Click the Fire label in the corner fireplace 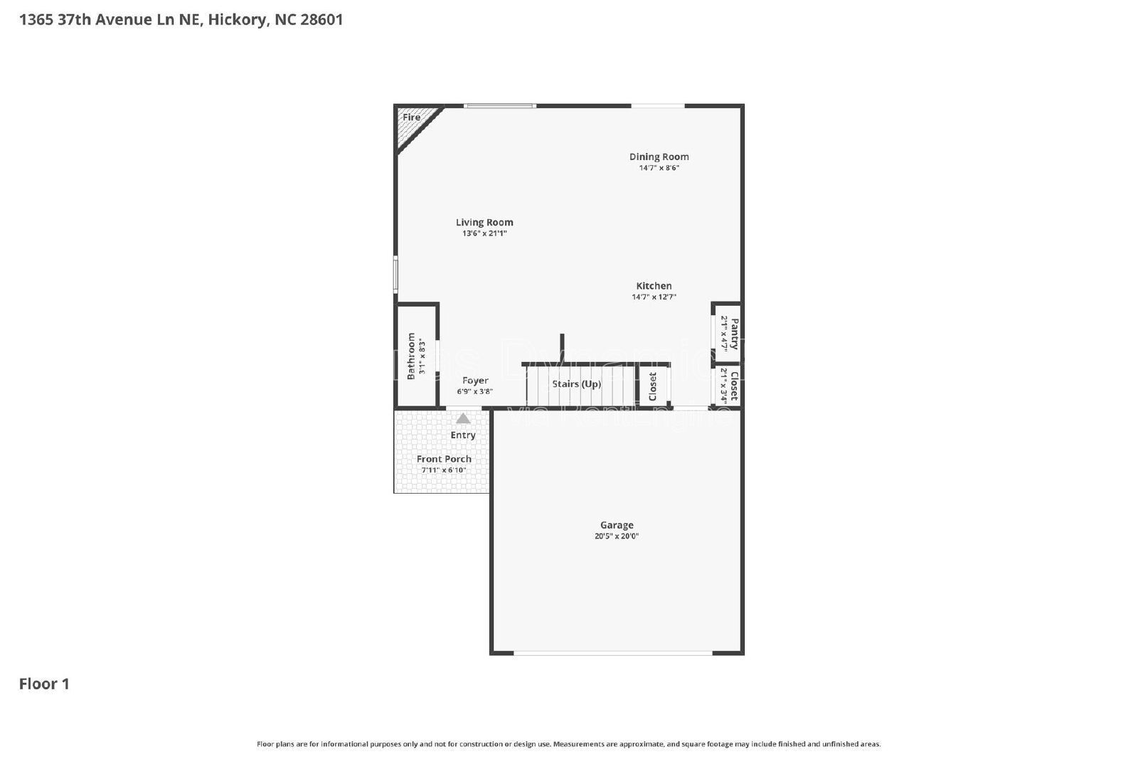(x=411, y=117)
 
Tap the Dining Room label (x=659, y=156)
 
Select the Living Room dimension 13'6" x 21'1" (x=484, y=233)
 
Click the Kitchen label (x=654, y=286)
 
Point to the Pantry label (x=734, y=334)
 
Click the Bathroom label (x=411, y=356)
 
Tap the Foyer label (x=475, y=381)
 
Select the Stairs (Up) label (x=577, y=384)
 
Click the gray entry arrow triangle (x=463, y=419)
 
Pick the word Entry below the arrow (x=463, y=435)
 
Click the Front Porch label (x=444, y=459)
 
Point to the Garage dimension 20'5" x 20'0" (x=617, y=536)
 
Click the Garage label (x=617, y=525)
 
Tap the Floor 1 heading (x=44, y=684)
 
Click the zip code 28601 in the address (x=321, y=20)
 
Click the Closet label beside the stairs (x=653, y=387)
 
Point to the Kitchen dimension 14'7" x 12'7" (x=654, y=297)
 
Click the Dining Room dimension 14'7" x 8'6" (x=659, y=168)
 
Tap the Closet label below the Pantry (x=734, y=385)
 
